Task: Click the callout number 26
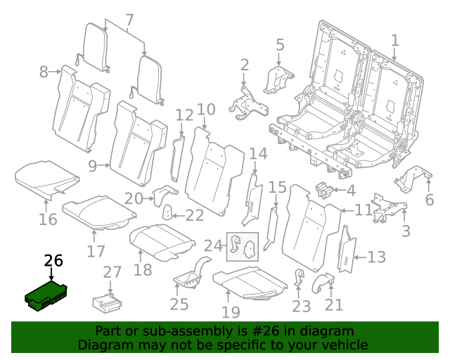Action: [x=53, y=261]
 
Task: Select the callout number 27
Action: [x=112, y=273]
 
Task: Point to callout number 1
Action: [x=394, y=40]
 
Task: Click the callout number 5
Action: [x=280, y=46]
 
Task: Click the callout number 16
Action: [x=48, y=219]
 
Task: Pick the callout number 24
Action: [x=212, y=245]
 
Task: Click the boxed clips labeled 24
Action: [x=241, y=246]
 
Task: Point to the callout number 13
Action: [x=377, y=257]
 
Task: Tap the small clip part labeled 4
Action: [x=323, y=189]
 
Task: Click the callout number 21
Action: [x=334, y=304]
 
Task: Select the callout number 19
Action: [x=231, y=311]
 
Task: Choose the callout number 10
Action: [x=206, y=110]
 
